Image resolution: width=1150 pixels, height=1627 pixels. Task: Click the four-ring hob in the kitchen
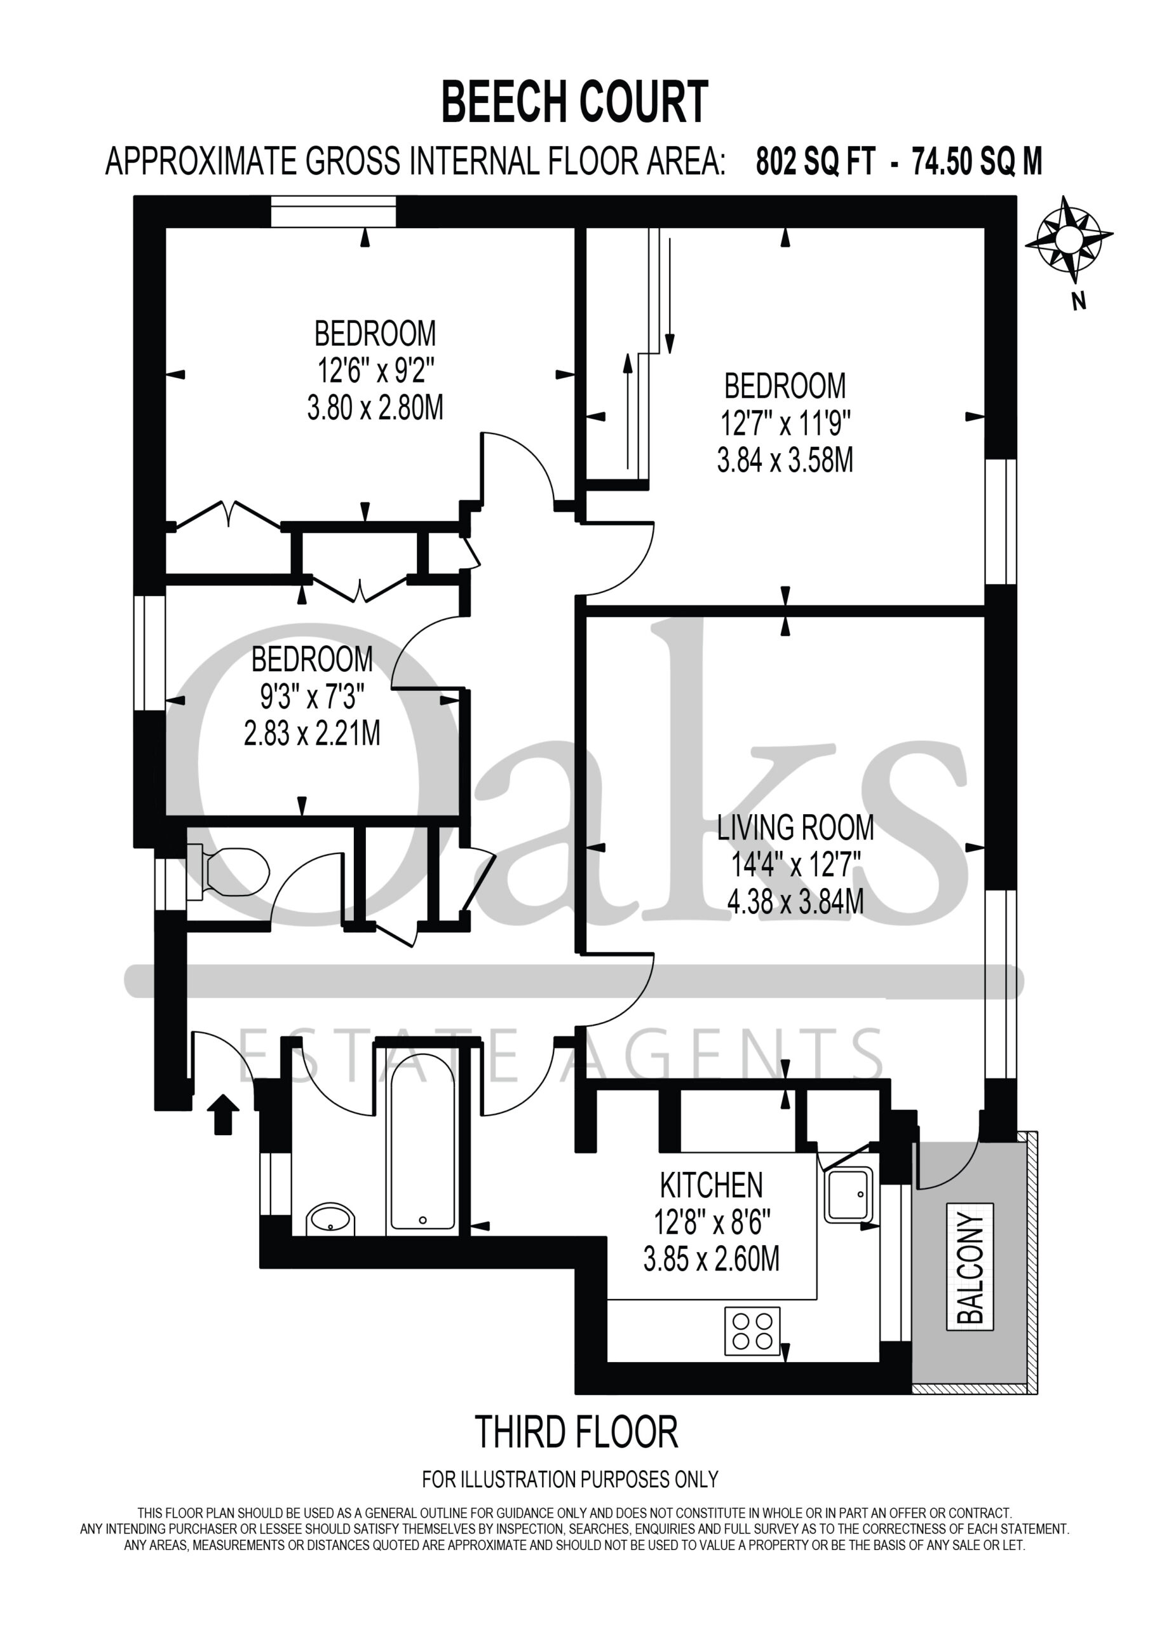coord(752,1331)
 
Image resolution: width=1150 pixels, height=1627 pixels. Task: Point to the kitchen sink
coord(848,1195)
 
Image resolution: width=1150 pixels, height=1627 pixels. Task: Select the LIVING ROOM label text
coord(795,827)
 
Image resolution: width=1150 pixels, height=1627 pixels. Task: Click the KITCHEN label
coord(712,1185)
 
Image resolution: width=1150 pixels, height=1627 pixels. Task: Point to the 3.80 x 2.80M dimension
coord(375,408)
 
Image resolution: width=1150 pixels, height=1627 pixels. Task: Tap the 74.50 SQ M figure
coord(977,161)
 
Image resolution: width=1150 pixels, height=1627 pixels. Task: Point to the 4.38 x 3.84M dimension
coord(795,902)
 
